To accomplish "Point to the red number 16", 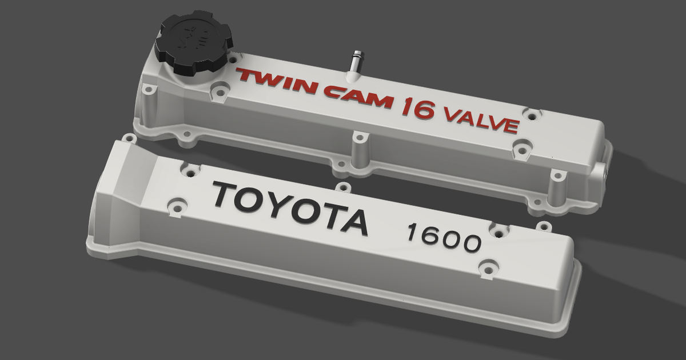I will [x=417, y=108].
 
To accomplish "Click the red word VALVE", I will [x=481, y=121].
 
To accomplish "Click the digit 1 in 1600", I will [x=412, y=231].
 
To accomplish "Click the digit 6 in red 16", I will [x=425, y=110].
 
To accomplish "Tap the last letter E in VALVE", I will [x=510, y=126].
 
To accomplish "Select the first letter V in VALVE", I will [x=452, y=115].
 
